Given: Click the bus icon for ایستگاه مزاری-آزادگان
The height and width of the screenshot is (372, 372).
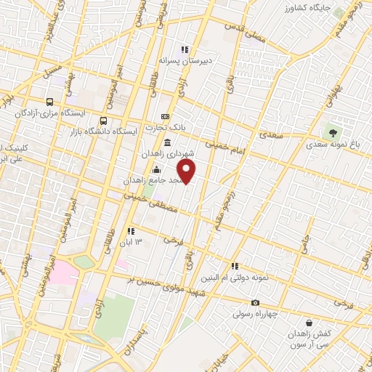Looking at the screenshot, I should pyautogui.click(x=49, y=102).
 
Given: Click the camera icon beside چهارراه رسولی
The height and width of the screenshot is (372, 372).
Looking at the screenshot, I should pyautogui.click(x=255, y=303).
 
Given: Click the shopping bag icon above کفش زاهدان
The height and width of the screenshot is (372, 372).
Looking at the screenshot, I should pyautogui.click(x=310, y=323).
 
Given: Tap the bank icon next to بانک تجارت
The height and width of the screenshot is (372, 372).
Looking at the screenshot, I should pyautogui.click(x=165, y=116).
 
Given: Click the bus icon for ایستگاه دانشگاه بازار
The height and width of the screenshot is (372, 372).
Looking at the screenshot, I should pyautogui.click(x=103, y=121).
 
